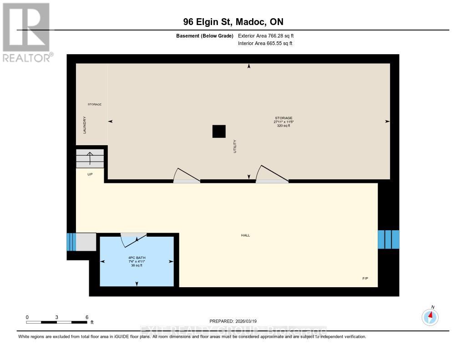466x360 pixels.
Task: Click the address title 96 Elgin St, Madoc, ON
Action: [x=233, y=22]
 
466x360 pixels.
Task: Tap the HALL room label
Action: [x=245, y=235]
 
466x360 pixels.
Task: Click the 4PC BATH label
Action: [x=137, y=258]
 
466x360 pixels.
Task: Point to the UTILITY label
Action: [x=235, y=146]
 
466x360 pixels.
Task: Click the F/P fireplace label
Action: [x=365, y=278]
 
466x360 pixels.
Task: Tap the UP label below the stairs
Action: [x=90, y=174]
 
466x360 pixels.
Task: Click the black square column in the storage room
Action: [x=219, y=131]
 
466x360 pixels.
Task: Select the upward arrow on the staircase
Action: [x=90, y=158]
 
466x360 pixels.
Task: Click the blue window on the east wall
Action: [x=389, y=239]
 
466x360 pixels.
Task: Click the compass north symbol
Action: [x=430, y=316]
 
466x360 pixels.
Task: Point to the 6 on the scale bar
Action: [x=86, y=317]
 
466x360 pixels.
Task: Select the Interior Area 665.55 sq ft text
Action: [x=265, y=43]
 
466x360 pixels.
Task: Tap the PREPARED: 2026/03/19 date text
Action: [x=233, y=321]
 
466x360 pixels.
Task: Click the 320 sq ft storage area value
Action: [x=283, y=126]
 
